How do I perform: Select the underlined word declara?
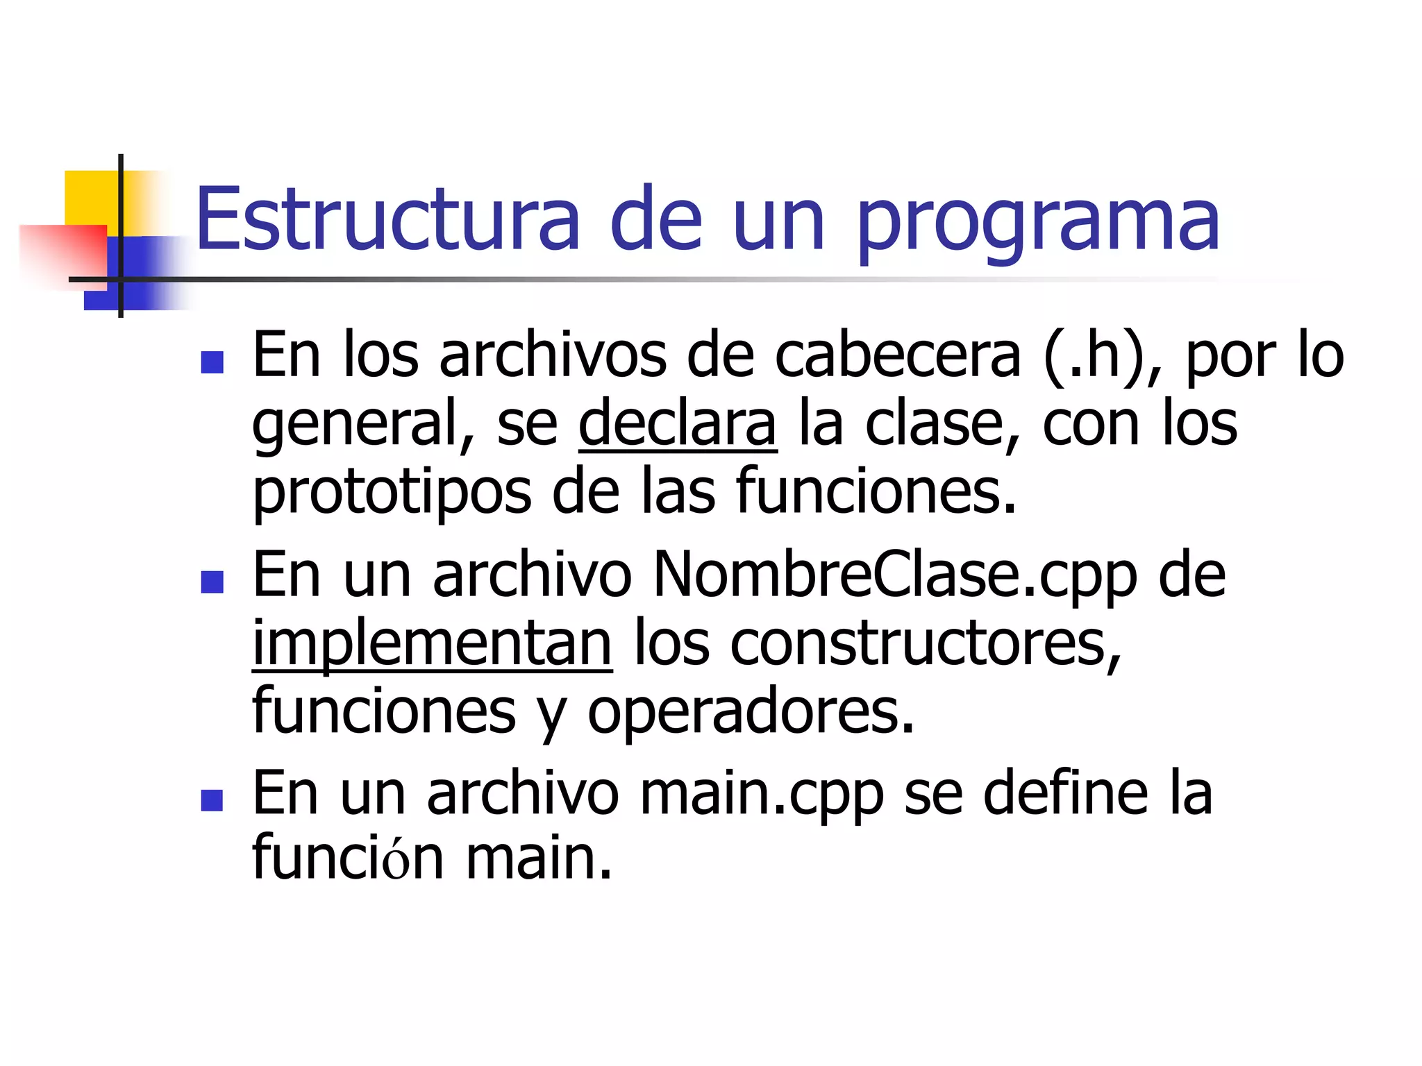[677, 423]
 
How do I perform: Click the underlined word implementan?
[432, 644]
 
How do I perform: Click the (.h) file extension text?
[1095, 356]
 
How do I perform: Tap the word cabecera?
[898, 356]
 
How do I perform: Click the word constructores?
[926, 644]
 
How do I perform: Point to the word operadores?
[751, 712]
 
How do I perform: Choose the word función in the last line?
[348, 858]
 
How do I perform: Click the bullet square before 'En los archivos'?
[212, 362]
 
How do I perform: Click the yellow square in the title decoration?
[90, 196]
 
